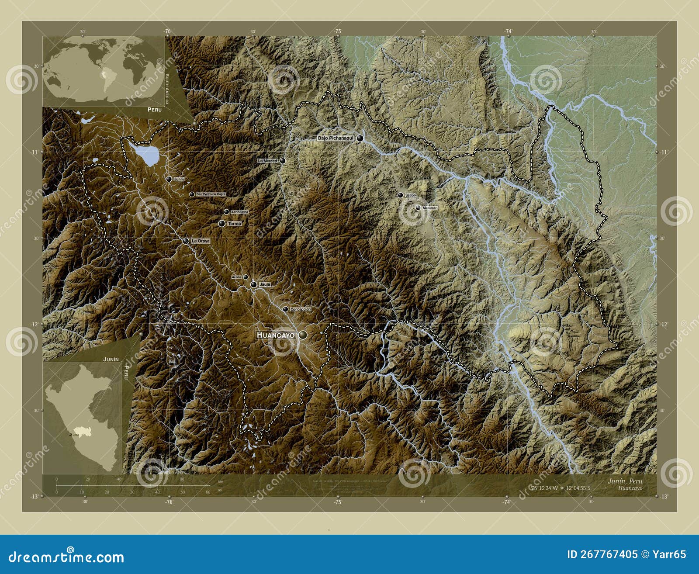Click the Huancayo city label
click(276, 335)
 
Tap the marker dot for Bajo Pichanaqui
click(360, 138)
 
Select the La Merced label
click(267, 161)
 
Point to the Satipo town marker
click(400, 195)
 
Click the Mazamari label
click(430, 208)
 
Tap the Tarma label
click(235, 224)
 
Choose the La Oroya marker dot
click(186, 241)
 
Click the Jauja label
click(265, 284)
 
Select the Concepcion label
click(301, 309)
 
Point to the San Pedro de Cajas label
click(211, 194)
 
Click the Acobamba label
click(239, 212)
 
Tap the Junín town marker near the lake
click(169, 179)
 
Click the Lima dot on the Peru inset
click(70, 435)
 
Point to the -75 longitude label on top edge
click(338, 31)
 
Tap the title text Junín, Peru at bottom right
click(625, 481)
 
